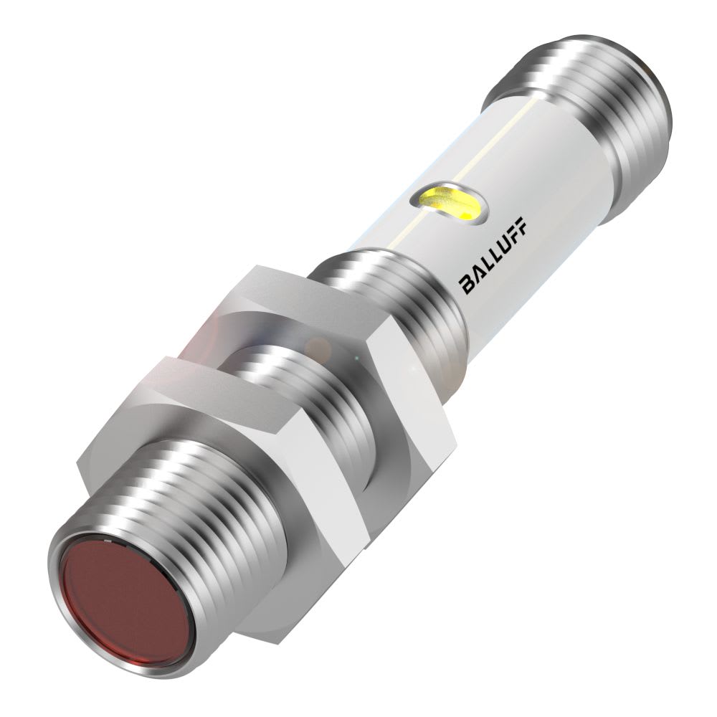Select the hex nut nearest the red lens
(x=215, y=459)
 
